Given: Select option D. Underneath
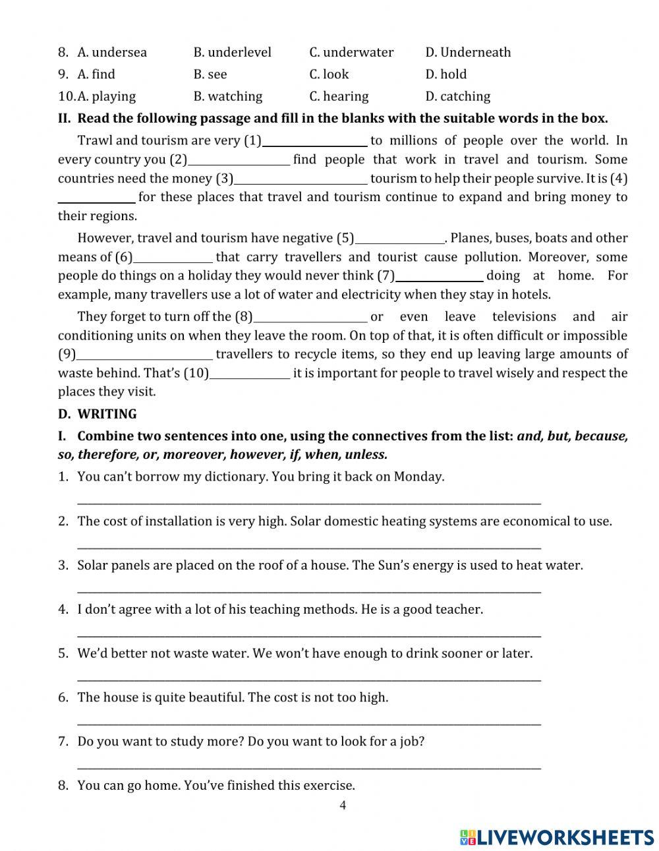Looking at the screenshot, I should coord(468,52).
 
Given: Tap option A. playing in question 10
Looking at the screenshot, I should coord(106,96).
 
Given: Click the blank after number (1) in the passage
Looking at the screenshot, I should coord(314,141).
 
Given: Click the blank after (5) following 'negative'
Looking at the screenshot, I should coord(399,239).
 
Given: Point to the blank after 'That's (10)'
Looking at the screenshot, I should coord(249,374).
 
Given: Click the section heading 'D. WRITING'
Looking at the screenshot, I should coord(98,414).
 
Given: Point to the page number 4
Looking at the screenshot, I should coord(342,805).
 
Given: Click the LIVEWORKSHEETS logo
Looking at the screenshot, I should coord(557,837).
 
